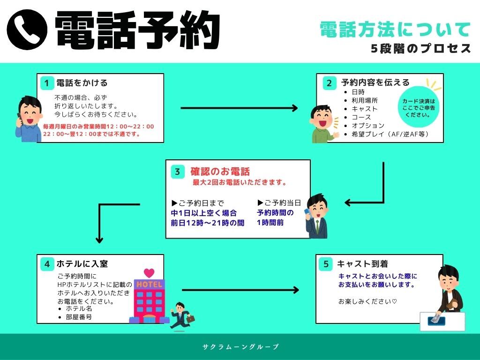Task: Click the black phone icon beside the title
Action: pos(27,30)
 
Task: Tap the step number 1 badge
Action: pos(46,83)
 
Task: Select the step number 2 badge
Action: pos(329,83)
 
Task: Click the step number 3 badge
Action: pos(177,172)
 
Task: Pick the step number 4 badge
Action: pos(46,264)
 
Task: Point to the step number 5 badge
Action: pos(326,264)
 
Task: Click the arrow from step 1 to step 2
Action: pos(239,108)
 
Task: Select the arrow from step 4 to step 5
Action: pos(240,290)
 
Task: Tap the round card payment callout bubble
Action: pos(419,108)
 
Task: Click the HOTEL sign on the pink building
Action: pos(149,285)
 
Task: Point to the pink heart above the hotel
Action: pos(149,272)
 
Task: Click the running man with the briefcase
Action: pos(181,315)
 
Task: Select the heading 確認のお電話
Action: pos(220,172)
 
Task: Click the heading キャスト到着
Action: pos(362,264)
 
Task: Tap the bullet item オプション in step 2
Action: pos(368,126)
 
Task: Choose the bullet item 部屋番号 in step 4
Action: pos(79,317)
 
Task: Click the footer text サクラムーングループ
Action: pos(240,347)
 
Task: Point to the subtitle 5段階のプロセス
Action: pos(420,49)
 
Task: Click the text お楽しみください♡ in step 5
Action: pos(367,301)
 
